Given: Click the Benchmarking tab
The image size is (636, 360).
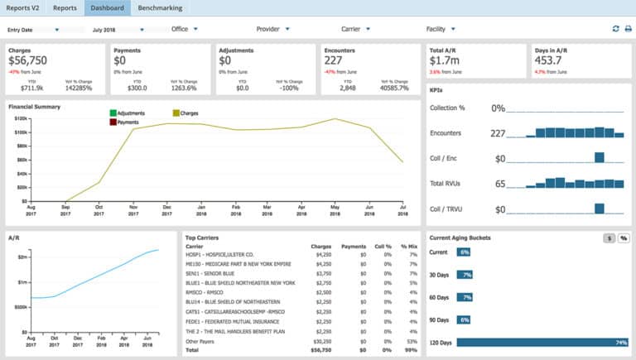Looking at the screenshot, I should tap(161, 8).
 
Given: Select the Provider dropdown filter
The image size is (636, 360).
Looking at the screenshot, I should tap(272, 29).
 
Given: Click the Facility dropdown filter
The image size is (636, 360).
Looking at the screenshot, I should tap(441, 29).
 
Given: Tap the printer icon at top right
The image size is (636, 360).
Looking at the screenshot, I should tap(627, 29).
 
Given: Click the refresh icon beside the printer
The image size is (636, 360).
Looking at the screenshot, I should tap(614, 29).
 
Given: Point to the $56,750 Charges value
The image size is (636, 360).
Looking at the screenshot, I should tap(27, 60).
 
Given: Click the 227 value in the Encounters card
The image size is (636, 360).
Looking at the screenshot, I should tap(334, 60).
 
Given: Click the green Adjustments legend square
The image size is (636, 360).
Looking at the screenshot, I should tap(113, 113).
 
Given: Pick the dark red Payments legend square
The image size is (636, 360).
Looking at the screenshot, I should tap(113, 122).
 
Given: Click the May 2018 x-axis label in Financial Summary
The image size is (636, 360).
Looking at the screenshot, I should tap(335, 210).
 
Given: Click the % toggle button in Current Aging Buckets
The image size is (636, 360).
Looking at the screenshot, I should tap(623, 238).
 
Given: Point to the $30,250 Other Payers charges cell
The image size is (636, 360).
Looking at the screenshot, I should tap(320, 341).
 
